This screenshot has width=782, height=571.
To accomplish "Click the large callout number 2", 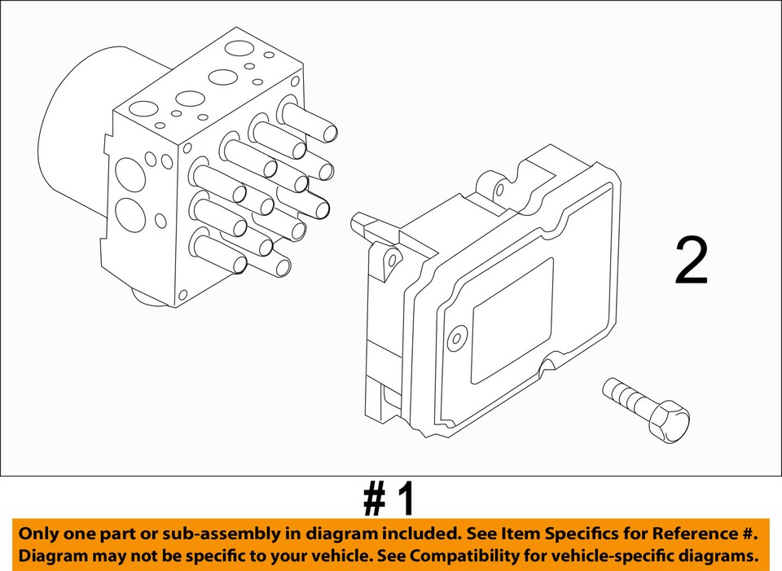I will [x=692, y=261].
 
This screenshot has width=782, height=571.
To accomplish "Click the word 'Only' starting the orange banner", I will [x=39, y=534].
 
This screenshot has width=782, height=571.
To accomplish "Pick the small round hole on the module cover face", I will [x=456, y=337].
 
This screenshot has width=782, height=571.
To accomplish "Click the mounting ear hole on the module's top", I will [x=499, y=191].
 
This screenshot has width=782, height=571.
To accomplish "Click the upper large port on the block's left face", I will [x=130, y=173].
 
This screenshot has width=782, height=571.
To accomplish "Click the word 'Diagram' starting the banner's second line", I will [x=51, y=557].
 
